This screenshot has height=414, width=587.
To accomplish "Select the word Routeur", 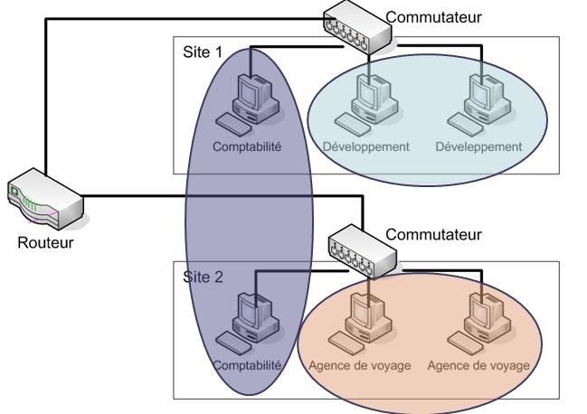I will tap(43, 242).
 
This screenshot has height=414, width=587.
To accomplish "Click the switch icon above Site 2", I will tap(363, 249).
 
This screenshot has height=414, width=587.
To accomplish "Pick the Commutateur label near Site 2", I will tap(434, 234).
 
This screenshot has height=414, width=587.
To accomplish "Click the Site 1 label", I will tap(203, 52).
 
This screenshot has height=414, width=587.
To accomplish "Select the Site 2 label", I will tap(204, 277).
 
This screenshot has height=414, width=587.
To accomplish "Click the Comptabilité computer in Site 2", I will tap(248, 318).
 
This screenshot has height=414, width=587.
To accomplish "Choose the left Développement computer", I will tap(368, 97).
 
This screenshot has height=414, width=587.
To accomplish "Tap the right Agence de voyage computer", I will tap(478, 318).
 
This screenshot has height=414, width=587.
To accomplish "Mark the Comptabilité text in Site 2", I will tap(248, 365).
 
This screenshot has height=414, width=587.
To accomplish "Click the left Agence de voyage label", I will tap(359, 366).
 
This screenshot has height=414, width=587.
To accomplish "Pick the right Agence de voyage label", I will tap(478, 366).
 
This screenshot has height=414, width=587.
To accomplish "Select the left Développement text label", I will tap(366, 146).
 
